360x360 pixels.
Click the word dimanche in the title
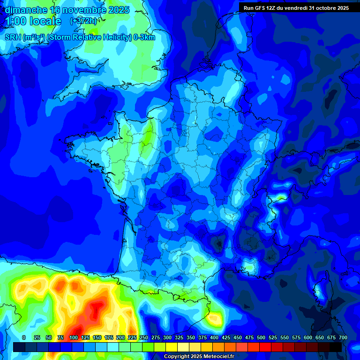tap(26, 10)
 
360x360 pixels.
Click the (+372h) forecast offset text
tap(83, 21)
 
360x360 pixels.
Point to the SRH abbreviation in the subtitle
tap(12, 37)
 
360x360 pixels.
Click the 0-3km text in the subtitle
tap(144, 37)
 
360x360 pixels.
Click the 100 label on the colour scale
tap(73, 337)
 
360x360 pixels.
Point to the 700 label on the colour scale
tap(343, 337)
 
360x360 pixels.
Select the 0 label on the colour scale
tap(24, 337)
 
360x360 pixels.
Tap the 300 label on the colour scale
tap(167, 337)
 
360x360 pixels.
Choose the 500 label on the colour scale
tap(261, 337)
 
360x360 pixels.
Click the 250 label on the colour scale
tap(143, 337)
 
